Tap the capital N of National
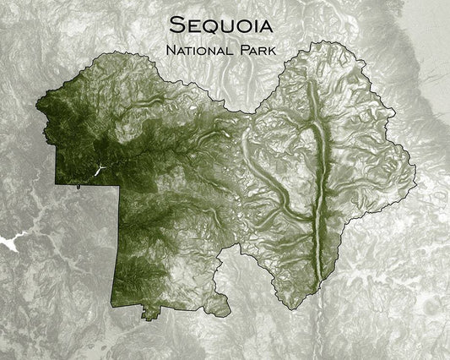[x=172, y=51]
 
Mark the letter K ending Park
[x=278, y=51]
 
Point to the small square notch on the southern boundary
[x=150, y=318]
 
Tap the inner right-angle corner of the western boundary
[x=120, y=183]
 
